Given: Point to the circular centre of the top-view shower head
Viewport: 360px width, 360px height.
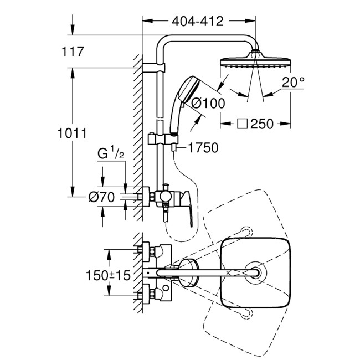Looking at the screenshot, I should tap(255, 272).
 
